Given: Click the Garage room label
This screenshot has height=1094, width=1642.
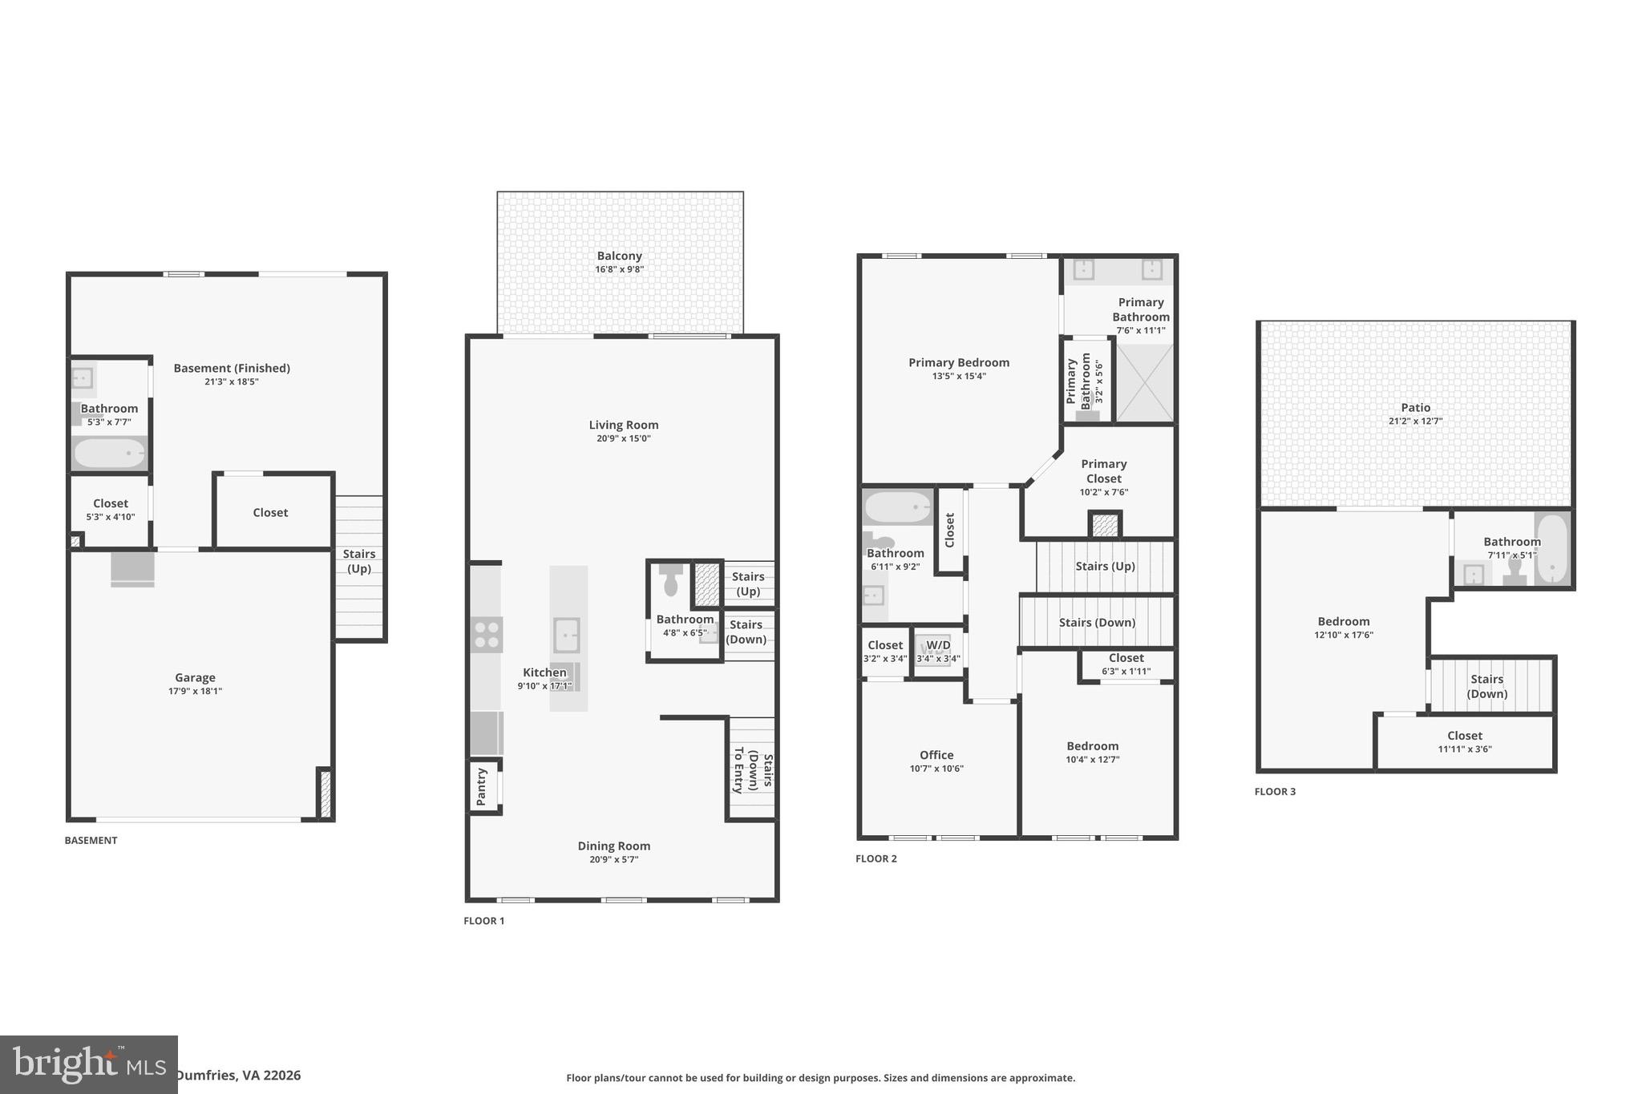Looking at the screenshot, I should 195,677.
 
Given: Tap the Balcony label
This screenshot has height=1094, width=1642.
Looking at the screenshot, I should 619,256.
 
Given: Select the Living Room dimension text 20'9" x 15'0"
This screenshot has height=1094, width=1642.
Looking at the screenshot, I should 623,438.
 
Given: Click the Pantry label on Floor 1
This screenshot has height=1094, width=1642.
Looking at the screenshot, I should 481,787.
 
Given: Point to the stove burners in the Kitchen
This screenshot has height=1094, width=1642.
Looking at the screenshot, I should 487,635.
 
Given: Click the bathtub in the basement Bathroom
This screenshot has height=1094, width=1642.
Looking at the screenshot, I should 110,454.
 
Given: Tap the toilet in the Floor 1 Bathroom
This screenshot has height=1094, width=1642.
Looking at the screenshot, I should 671,580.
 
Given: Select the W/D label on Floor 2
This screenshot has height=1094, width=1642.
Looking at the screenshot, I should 938,645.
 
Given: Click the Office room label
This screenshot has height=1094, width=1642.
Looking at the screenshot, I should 936,755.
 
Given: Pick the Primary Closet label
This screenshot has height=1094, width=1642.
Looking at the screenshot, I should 1103,471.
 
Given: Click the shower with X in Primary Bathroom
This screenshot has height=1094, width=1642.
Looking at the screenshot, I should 1145,383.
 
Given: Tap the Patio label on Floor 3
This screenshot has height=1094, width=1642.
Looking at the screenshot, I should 1415,407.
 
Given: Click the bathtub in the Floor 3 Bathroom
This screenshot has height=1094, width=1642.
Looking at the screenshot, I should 1553,550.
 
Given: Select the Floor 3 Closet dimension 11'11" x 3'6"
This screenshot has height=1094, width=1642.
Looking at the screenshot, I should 1465,749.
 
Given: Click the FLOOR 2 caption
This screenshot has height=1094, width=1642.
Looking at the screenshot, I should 876,858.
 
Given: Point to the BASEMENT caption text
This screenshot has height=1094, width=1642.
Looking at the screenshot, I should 91,840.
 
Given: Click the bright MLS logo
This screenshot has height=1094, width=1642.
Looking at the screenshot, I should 88,1064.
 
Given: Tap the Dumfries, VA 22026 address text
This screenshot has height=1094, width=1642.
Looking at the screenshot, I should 238,1076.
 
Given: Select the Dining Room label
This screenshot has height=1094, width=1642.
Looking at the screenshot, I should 613,846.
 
